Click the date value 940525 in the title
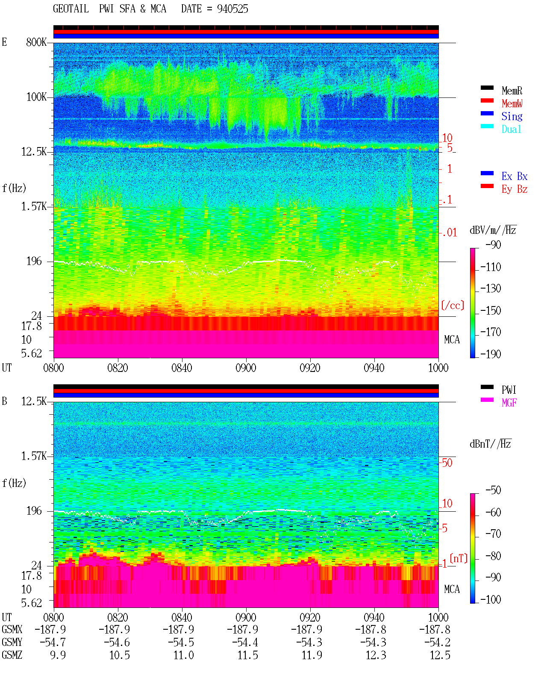pyautogui.click(x=232, y=9)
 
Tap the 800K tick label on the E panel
pyautogui.click(x=36, y=42)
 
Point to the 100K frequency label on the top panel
pyautogui.click(x=36, y=97)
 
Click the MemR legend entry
pyautogui.click(x=512, y=91)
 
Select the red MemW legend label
pyautogui.click(x=512, y=103)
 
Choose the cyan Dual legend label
pyautogui.click(x=512, y=129)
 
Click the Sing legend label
pyautogui.click(x=512, y=116)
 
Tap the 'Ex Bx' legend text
pyautogui.click(x=515, y=176)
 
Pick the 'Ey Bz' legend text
pyautogui.click(x=515, y=189)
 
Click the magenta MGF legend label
pyautogui.click(x=509, y=403)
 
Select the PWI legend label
pyautogui.click(x=509, y=390)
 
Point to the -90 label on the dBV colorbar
pyautogui.click(x=493, y=245)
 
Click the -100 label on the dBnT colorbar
pyautogui.click(x=491, y=599)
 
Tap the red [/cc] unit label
pyautogui.click(x=453, y=305)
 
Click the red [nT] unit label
pyautogui.click(x=459, y=558)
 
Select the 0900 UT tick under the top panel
pyautogui.click(x=246, y=368)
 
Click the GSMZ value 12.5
pyautogui.click(x=440, y=655)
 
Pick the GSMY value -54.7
pyautogui.click(x=53, y=643)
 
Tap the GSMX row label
pyautogui.click(x=12, y=629)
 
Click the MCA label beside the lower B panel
pyautogui.click(x=452, y=589)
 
